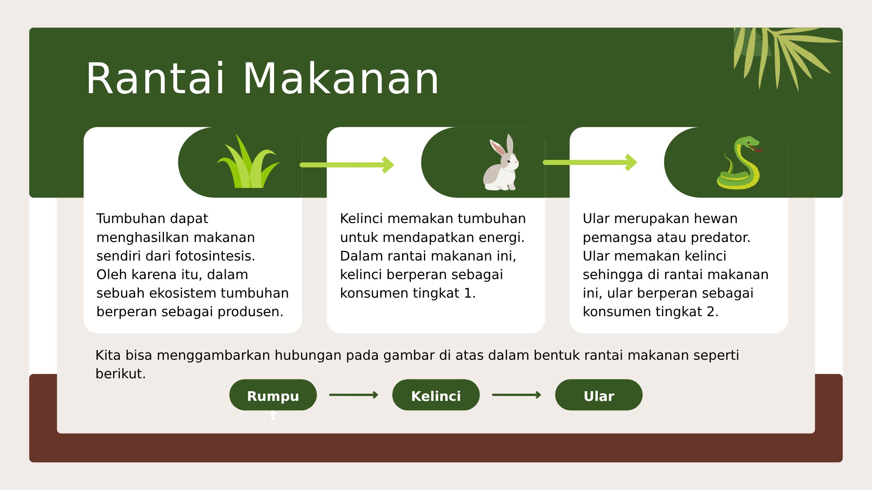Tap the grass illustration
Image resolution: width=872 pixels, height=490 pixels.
coord(249,161)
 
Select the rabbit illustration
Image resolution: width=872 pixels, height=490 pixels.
coord(501,162)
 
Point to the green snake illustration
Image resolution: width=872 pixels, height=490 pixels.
coord(738,163)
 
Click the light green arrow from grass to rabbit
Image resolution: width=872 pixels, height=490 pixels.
coord(347,165)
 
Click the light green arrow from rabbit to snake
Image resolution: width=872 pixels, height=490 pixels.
coord(590,163)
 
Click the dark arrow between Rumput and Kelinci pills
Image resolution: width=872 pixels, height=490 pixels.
coord(354,395)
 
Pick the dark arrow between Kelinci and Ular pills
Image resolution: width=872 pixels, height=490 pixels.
coord(517,395)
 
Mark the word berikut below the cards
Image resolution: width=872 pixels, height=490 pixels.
coord(120,374)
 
